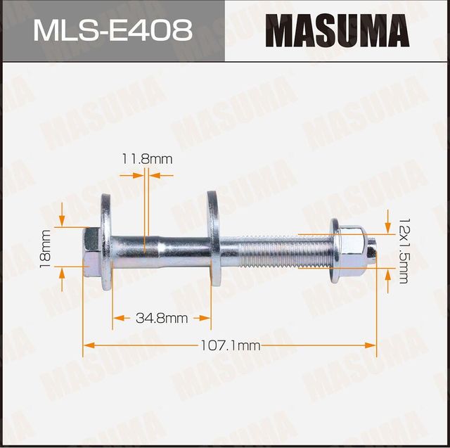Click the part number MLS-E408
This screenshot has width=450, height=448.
112,30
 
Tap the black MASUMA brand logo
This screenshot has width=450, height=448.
337,31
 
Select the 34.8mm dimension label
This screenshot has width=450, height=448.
162,319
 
